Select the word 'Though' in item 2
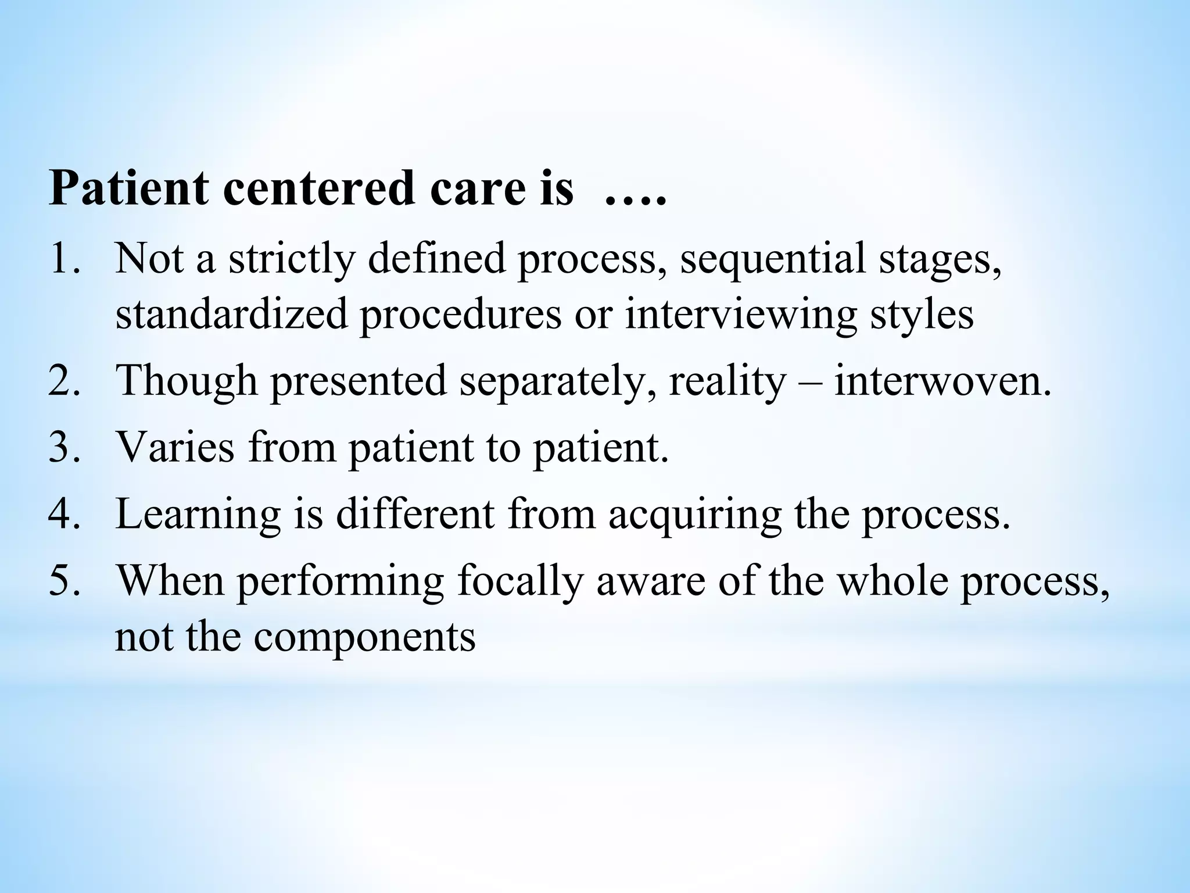[x=187, y=381]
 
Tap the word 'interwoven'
[x=942, y=381]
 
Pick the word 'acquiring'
[x=695, y=515]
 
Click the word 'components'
[x=364, y=636]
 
